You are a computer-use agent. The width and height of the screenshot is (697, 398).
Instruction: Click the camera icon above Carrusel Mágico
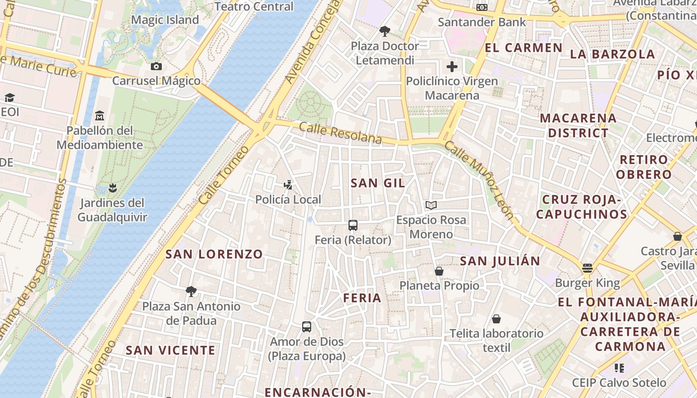coord(156,66)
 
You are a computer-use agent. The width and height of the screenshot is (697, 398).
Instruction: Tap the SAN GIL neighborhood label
coord(378,183)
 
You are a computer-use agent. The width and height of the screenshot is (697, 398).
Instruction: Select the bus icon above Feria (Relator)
coord(353,225)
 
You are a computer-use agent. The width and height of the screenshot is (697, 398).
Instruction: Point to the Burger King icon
coord(587,269)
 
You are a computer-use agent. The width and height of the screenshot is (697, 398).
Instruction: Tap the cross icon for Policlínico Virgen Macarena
coord(452,67)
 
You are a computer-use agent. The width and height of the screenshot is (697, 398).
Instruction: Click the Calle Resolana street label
coord(341,133)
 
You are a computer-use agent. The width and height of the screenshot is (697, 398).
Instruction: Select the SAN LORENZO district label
coord(214,254)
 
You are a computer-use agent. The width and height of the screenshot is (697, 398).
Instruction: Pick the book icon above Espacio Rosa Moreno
coord(431,205)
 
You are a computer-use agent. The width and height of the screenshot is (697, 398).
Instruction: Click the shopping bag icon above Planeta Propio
coord(439,271)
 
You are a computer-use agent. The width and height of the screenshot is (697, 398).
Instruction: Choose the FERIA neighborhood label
coord(362,298)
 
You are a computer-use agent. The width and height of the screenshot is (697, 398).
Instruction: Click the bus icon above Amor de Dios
coord(307,327)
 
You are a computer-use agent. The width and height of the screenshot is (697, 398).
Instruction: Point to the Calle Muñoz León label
coord(478,180)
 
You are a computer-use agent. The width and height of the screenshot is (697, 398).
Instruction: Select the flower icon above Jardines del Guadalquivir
coord(113,188)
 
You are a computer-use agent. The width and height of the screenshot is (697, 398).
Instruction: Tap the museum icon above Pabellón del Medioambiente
coord(100,116)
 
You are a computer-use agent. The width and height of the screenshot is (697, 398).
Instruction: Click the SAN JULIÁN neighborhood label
coord(500,261)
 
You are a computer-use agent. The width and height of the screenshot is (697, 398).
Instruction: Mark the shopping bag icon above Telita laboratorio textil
coord(496,319)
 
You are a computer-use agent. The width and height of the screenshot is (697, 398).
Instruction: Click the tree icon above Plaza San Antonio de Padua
coord(191,292)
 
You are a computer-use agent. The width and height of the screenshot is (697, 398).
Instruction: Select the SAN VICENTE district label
coord(170,350)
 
